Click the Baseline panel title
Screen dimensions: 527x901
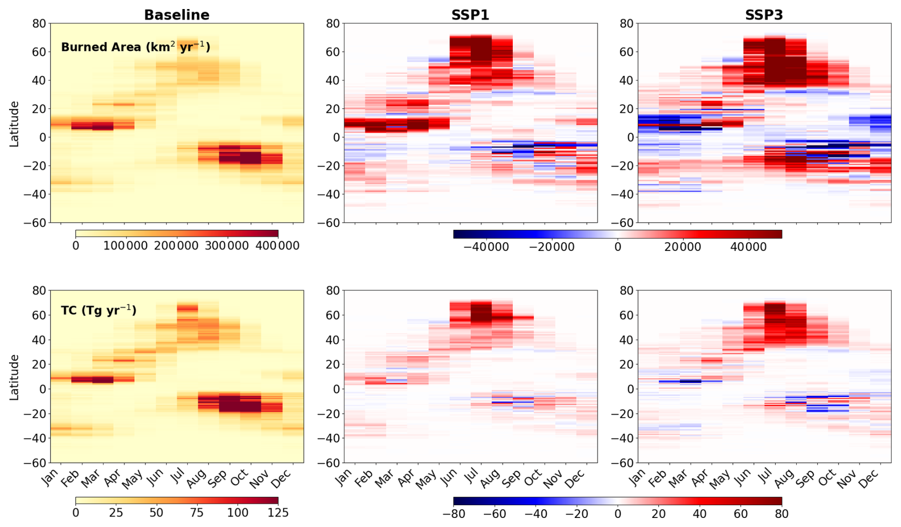point(177,15)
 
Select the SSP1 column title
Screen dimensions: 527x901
point(470,15)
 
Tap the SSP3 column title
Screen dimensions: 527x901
point(764,15)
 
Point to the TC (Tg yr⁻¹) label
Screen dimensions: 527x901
point(99,310)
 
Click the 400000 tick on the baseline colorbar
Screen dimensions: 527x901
point(277,246)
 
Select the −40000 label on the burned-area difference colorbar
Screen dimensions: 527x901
point(486,247)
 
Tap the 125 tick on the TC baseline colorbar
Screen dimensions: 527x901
point(278,513)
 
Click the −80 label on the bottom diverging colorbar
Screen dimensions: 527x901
point(453,514)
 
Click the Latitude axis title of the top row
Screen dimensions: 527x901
point(15,124)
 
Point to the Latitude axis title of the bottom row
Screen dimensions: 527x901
point(15,377)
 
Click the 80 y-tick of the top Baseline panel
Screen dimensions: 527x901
point(39,24)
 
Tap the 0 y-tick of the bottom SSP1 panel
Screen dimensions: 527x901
point(336,389)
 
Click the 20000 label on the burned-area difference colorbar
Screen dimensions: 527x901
point(682,247)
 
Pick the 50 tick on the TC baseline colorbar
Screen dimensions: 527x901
point(156,513)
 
